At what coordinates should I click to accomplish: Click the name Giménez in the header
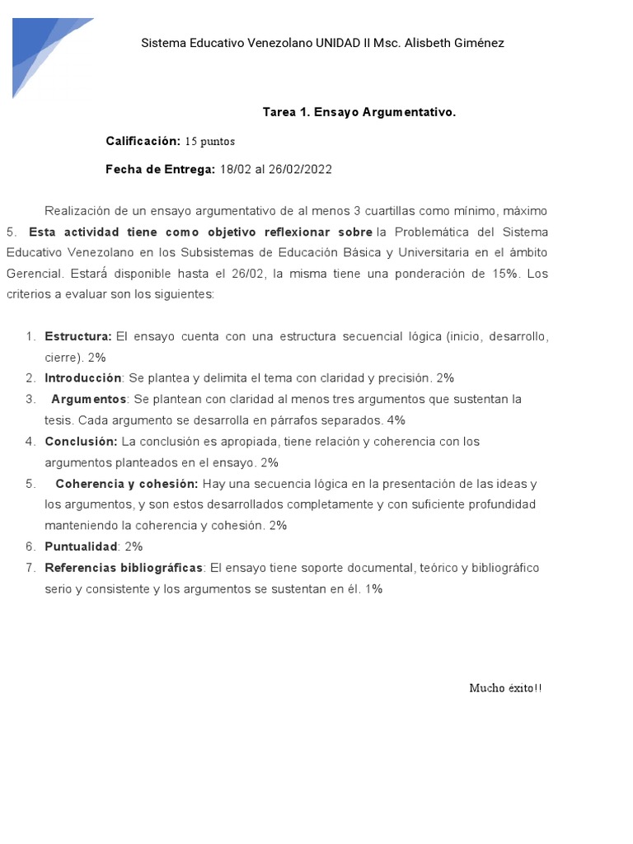pos(476,43)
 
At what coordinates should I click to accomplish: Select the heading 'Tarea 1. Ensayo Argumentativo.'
pos(359,111)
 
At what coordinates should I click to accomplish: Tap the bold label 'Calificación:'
pos(143,141)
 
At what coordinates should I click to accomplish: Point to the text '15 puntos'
pos(209,142)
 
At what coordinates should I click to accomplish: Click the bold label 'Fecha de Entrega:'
pos(160,169)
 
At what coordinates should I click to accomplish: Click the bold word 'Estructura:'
pos(78,336)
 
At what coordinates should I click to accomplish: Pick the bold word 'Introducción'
pos(82,377)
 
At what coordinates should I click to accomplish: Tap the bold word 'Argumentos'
pos(89,399)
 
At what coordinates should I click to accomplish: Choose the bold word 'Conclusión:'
pos(81,441)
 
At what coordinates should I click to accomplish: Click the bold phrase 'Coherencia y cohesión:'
pos(127,483)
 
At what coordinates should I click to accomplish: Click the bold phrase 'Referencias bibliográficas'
pos(124,567)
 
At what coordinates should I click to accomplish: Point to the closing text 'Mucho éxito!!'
pos(506,687)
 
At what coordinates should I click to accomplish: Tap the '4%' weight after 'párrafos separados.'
pos(396,420)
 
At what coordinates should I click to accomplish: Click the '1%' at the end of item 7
pos(374,588)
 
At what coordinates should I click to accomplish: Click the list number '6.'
pos(30,546)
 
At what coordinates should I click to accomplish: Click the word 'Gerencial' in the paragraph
pos(33,273)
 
